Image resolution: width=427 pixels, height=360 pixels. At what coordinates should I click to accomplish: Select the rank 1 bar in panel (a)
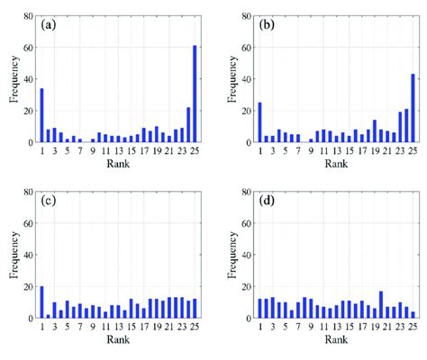(41, 115)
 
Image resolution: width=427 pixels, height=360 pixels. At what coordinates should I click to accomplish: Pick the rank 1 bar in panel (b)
(259, 122)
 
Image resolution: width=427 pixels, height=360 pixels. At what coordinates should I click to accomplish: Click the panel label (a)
(49, 25)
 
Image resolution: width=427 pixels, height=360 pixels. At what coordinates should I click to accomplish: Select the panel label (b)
(267, 25)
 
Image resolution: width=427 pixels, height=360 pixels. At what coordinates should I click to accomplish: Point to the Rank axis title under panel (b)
(336, 165)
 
